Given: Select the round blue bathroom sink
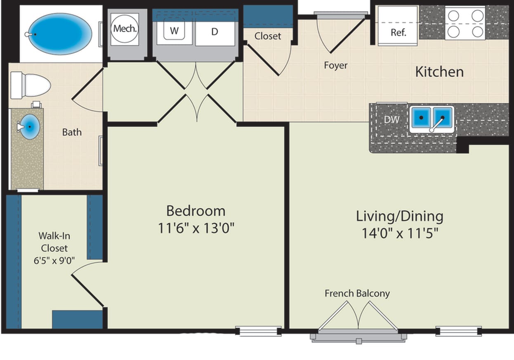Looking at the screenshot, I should coord(30,127).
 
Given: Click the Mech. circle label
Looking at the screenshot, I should coord(125,28).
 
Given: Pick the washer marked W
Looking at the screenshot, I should coord(174,31).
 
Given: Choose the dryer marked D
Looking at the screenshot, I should coord(215,31).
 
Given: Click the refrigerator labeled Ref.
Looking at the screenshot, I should coord(398,33).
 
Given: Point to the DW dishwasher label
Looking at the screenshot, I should coord(391,120).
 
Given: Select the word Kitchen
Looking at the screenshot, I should coord(439,72).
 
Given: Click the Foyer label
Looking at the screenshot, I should coord(335,65).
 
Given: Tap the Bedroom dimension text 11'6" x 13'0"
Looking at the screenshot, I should coord(196,228).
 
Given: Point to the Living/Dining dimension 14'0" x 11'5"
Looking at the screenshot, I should coord(399,233).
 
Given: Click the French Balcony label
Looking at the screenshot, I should coord(357,294).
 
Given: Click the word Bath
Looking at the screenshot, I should coord(72,132).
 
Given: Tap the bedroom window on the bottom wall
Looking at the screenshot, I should coord(258,331).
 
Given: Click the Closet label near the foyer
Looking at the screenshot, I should coord(267,36).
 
